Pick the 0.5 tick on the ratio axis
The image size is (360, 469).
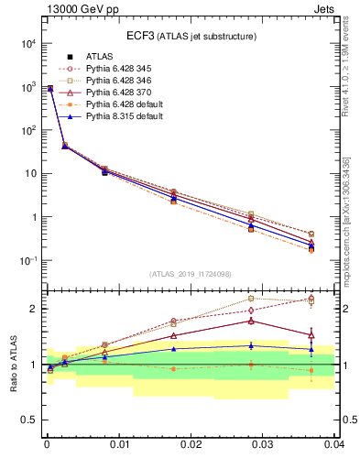pos(27,420)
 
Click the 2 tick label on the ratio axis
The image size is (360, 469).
pos(32,309)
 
